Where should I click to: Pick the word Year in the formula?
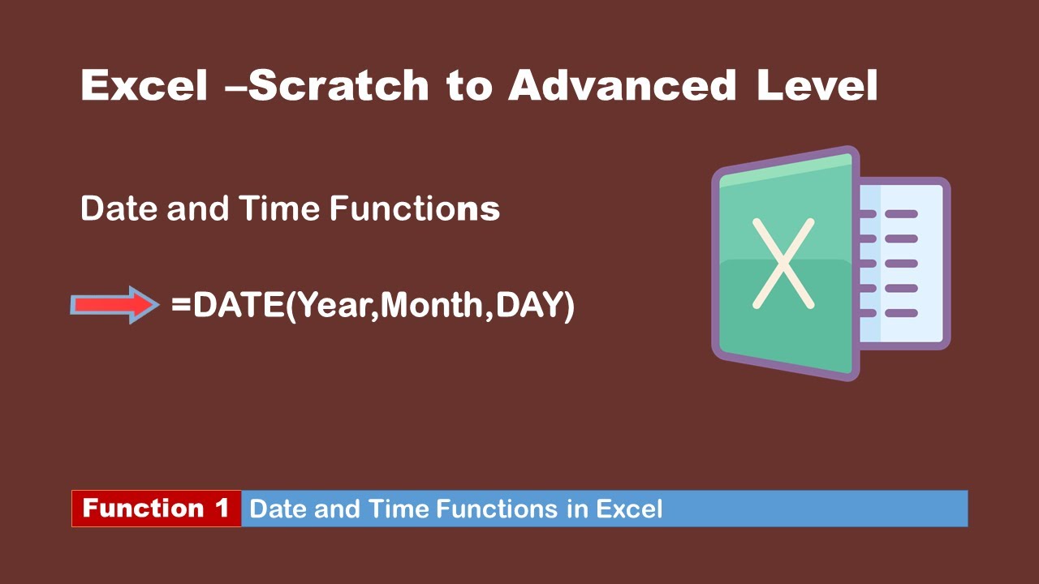[334, 305]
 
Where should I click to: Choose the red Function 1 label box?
[157, 509]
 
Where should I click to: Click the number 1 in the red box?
[222, 509]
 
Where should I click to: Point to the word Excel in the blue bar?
[629, 509]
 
